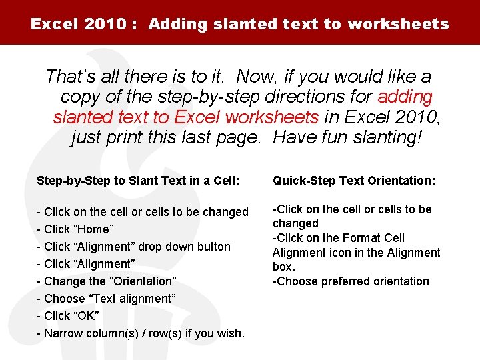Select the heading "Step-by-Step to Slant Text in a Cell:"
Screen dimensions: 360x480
138,181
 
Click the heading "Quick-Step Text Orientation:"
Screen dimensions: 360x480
354,181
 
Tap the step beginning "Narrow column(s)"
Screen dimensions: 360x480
144,333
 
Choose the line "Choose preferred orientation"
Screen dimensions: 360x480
351,281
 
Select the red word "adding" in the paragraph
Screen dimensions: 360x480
405,97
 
